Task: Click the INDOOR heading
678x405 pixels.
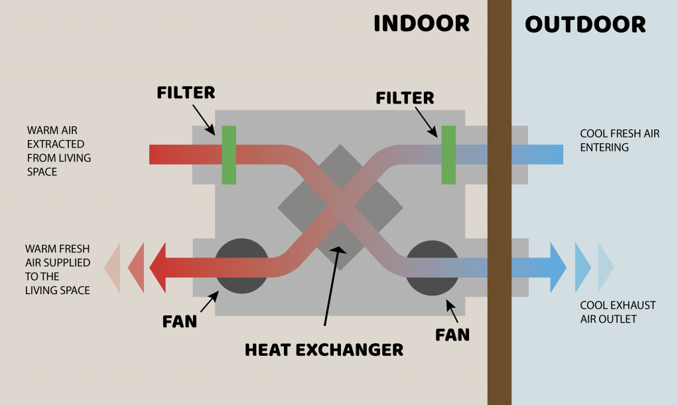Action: click(421, 24)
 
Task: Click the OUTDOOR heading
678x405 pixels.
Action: click(585, 25)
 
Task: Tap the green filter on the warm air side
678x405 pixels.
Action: click(229, 155)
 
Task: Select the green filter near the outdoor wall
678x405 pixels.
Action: click(448, 155)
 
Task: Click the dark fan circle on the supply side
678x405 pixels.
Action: click(243, 266)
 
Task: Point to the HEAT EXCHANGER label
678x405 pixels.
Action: click(324, 349)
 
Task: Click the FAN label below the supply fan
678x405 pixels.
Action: click(180, 322)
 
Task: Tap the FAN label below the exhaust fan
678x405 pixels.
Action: click(452, 334)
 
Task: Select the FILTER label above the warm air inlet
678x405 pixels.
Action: click(186, 93)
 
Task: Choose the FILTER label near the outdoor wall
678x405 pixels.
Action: click(405, 98)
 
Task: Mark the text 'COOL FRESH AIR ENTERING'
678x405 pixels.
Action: click(620, 140)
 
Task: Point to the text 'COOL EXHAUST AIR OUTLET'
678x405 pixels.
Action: click(618, 312)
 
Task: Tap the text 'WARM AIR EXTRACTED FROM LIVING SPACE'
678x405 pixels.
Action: click(59, 151)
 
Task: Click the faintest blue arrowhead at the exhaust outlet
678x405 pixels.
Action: click(605, 268)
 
